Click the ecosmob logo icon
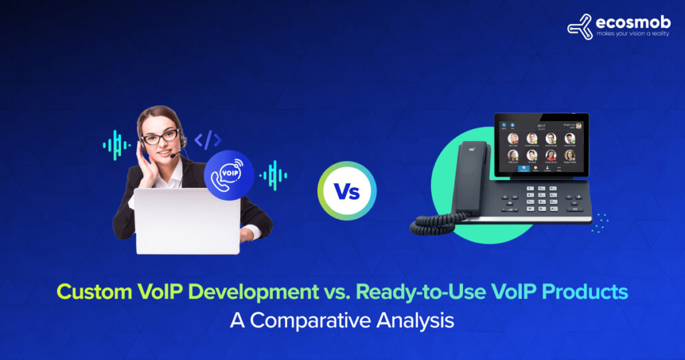(579, 26)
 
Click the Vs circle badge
(347, 191)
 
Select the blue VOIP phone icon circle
(229, 175)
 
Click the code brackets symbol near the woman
(207, 140)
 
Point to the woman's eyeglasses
(161, 137)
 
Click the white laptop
(187, 220)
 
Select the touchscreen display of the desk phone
(541, 146)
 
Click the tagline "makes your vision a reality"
(631, 33)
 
